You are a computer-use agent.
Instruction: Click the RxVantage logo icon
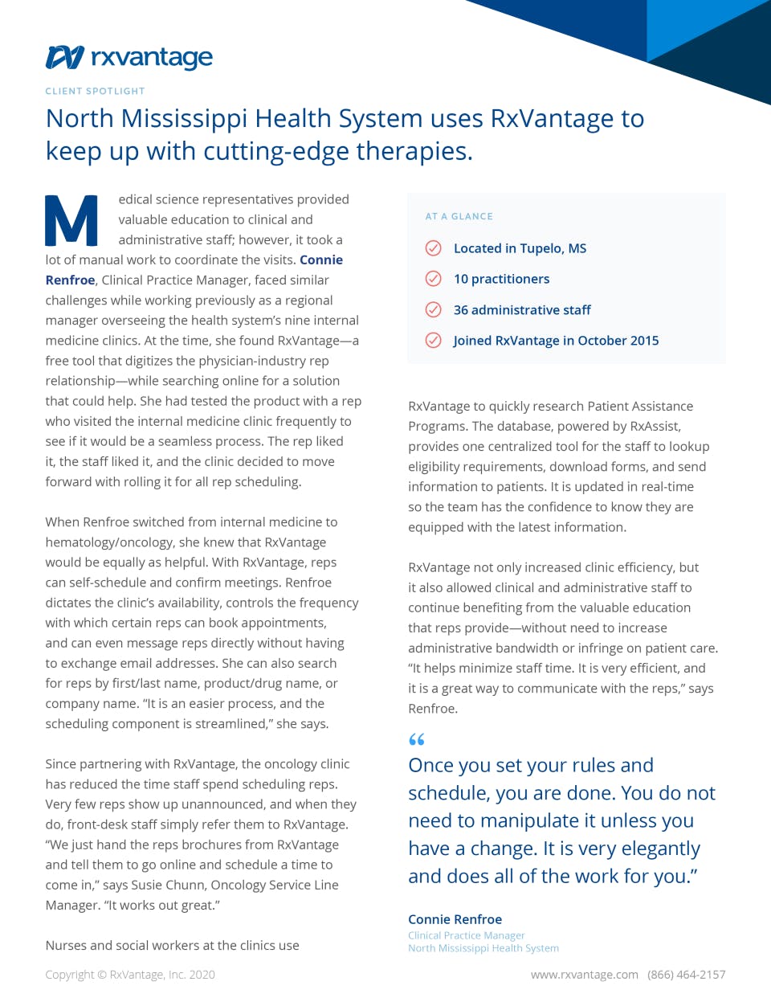(x=65, y=58)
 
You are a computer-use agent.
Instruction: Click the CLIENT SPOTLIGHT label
(x=95, y=92)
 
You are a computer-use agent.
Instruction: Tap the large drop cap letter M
(x=71, y=220)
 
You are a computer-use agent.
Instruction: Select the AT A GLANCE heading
(x=459, y=216)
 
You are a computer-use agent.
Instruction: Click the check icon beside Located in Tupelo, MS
(x=433, y=248)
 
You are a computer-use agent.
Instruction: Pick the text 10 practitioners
(x=501, y=279)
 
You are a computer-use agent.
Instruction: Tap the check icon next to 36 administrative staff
(x=433, y=310)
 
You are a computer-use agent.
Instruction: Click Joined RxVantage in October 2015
(x=556, y=341)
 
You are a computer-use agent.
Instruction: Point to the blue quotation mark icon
(x=416, y=739)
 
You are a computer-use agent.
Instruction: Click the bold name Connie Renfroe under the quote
(x=455, y=919)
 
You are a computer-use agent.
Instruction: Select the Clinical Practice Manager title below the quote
(x=466, y=935)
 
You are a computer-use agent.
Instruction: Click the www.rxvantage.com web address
(x=584, y=975)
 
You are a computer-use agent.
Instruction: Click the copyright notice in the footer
(x=130, y=975)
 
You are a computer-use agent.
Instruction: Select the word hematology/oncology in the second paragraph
(x=105, y=542)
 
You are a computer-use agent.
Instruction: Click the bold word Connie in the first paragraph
(x=321, y=260)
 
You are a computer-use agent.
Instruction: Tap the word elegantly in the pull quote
(x=655, y=849)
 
